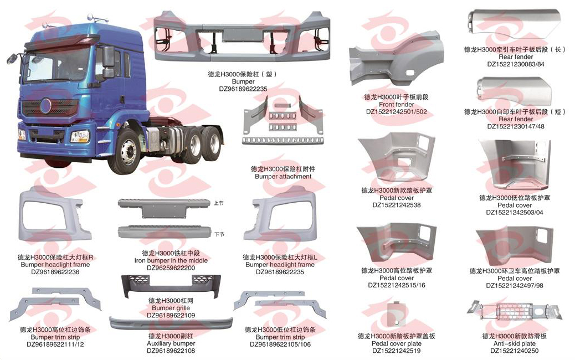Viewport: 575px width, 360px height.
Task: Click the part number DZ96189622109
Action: tap(171, 315)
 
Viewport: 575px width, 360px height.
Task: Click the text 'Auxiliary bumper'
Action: tap(171, 343)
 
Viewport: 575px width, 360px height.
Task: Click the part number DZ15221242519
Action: tap(396, 351)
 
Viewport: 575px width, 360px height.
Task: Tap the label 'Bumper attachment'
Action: tap(283, 177)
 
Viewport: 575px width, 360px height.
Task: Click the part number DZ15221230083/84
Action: tap(516, 64)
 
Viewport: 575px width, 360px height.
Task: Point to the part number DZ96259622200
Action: tap(171, 268)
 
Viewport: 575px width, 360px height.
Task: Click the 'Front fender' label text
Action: tap(397, 104)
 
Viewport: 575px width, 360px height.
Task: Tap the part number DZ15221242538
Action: tap(397, 205)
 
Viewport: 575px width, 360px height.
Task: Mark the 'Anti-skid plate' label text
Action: tap(515, 343)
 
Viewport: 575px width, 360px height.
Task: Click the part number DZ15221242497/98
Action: tap(515, 286)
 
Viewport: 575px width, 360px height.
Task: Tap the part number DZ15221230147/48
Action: tap(516, 126)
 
